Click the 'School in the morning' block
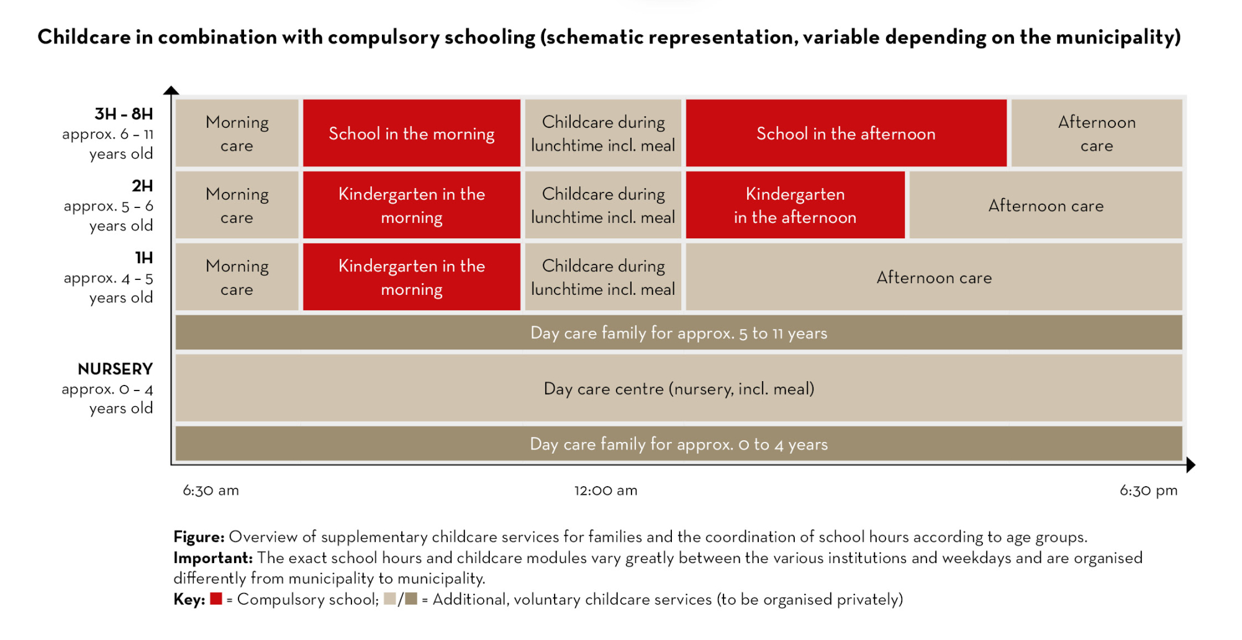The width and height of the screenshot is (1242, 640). point(411,133)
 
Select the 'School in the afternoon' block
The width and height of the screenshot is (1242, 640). point(845,133)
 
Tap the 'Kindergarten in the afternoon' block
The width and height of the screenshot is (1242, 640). point(795,205)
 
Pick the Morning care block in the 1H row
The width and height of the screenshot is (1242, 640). point(237,277)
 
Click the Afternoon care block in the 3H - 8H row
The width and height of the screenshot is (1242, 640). point(1096,133)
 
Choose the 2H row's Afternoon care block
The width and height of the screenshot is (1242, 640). point(1046,205)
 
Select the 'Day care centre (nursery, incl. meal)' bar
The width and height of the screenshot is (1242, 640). point(679,389)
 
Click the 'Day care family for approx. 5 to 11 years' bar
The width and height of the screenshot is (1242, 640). point(679,333)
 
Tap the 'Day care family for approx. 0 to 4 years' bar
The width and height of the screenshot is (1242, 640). point(679,444)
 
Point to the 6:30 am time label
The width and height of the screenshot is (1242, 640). point(211,490)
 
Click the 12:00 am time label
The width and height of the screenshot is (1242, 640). point(605,490)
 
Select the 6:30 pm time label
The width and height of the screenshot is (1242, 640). point(1148,490)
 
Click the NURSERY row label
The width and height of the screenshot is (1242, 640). point(116,369)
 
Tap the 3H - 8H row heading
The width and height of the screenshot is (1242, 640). point(124,114)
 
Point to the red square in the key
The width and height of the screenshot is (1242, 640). point(216,599)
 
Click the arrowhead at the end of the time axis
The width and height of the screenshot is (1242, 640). point(1190,464)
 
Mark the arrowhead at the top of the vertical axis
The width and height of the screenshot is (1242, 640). point(171,91)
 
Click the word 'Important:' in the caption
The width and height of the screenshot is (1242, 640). point(213,557)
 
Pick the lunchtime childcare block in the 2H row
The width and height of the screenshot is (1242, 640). point(603,205)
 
